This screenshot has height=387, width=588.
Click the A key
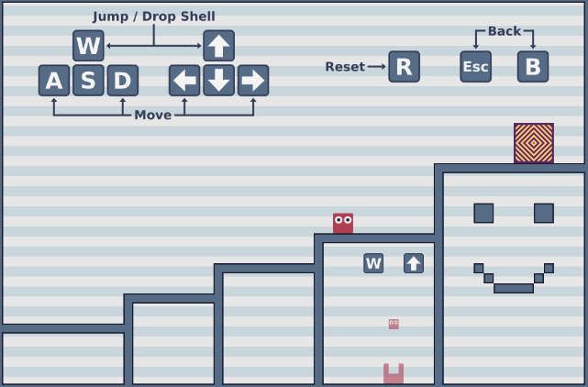click(x=54, y=81)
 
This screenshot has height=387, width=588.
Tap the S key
click(x=88, y=81)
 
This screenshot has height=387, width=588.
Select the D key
click(x=123, y=81)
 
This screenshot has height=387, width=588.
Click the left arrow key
click(x=184, y=81)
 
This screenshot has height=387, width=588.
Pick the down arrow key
click(x=219, y=81)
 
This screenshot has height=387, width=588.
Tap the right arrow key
click(x=253, y=81)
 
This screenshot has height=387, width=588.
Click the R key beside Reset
click(x=405, y=67)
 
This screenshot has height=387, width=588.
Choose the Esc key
click(x=476, y=67)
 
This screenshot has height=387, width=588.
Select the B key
click(x=533, y=67)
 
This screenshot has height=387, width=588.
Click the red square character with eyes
click(x=343, y=224)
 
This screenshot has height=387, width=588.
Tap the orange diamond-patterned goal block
click(x=534, y=143)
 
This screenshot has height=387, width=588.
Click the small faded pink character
click(x=394, y=324)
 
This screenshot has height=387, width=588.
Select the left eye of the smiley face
click(x=483, y=214)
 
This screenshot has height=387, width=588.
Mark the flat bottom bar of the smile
click(x=514, y=288)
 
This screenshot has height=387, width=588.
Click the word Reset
click(x=345, y=67)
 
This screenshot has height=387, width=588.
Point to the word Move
click(x=153, y=115)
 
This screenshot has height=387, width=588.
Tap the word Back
click(x=505, y=31)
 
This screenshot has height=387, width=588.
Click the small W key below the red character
click(x=373, y=263)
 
